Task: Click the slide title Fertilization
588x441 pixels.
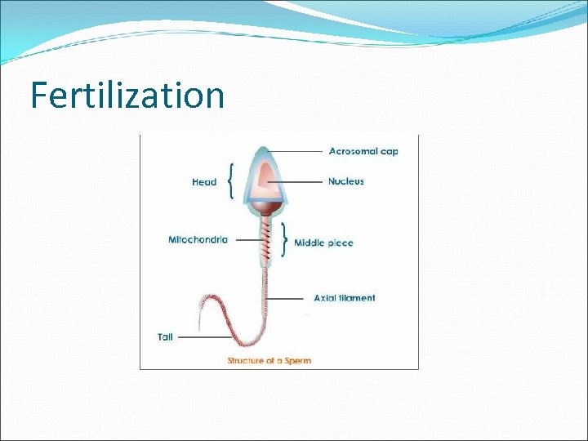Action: click(127, 96)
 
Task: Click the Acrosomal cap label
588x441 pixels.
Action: click(363, 151)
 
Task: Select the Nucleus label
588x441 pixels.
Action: click(346, 181)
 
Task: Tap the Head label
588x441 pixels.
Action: click(204, 182)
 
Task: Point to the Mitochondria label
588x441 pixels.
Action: click(198, 240)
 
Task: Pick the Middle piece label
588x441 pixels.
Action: click(323, 243)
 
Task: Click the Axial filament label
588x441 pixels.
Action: click(345, 298)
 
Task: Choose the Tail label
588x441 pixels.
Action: click(165, 337)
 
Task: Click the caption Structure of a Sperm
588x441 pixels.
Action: click(269, 360)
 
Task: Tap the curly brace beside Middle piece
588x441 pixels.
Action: click(284, 238)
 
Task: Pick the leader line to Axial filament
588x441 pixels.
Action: click(288, 299)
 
